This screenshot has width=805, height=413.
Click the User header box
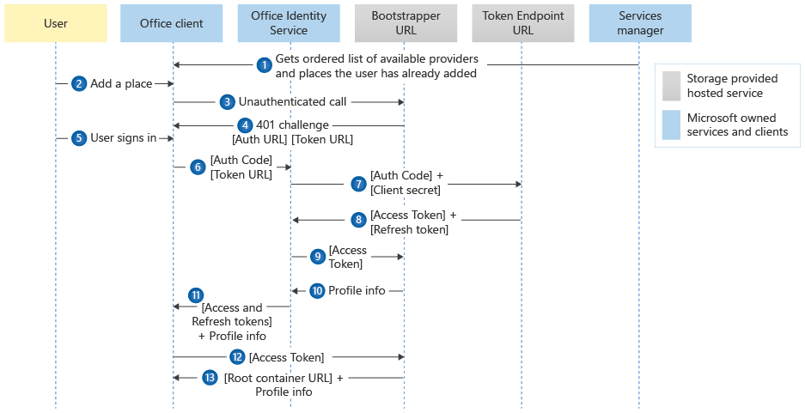[56, 23]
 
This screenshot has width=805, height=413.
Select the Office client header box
[173, 23]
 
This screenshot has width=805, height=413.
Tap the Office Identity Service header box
[290, 23]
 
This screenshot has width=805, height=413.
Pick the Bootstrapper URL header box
[406, 23]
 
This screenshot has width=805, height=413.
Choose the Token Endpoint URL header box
[522, 23]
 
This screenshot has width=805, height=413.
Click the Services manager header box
[640, 23]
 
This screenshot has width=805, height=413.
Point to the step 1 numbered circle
[265, 64]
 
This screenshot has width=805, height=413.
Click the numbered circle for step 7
[358, 184]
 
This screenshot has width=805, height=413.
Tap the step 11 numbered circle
[196, 295]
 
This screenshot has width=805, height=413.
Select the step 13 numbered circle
[210, 378]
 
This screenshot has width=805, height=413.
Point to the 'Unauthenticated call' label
[292, 102]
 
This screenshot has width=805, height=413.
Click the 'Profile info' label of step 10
[357, 291]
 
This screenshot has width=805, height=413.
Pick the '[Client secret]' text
[406, 190]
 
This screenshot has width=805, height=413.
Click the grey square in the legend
[672, 85]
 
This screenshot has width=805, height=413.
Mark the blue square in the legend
[672, 125]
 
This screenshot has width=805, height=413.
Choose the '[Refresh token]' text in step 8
[409, 230]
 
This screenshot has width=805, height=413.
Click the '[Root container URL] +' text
[284, 378]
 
